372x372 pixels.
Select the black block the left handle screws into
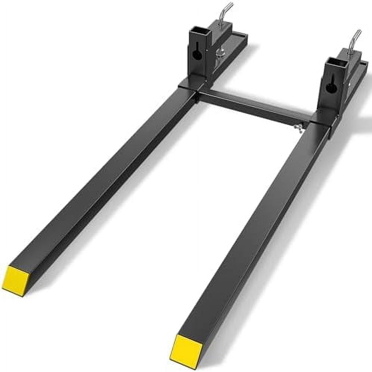tap(220, 28)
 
